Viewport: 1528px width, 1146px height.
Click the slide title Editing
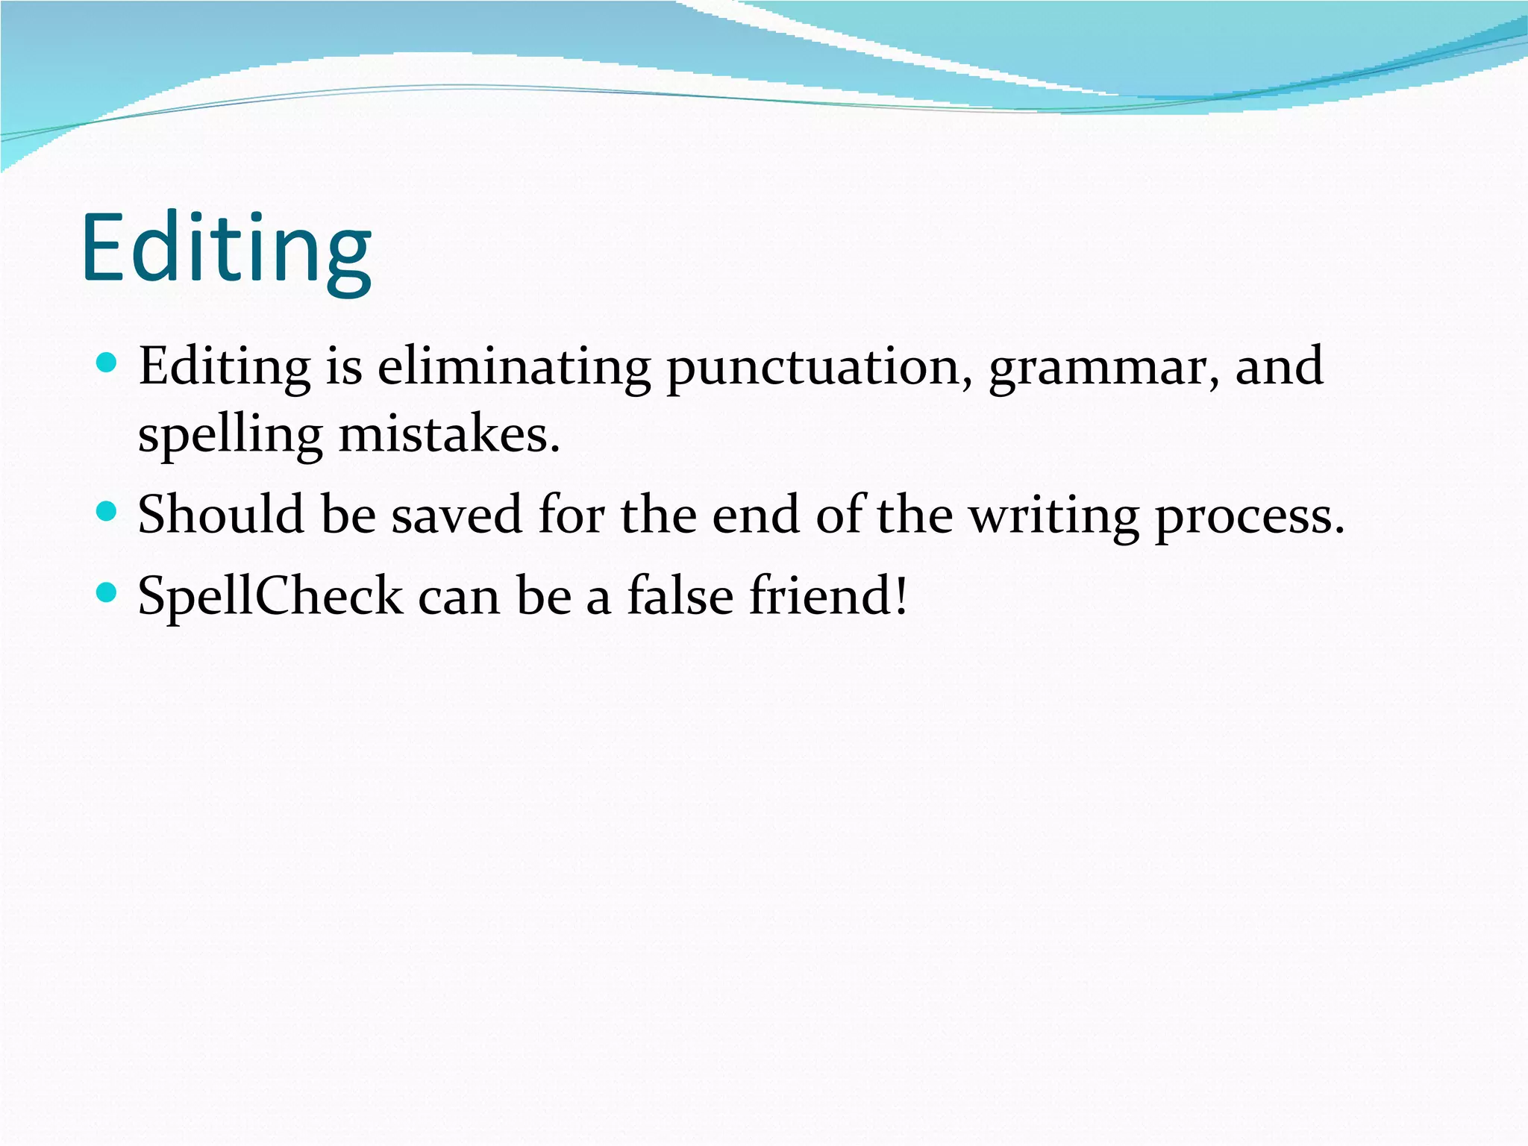[226, 248]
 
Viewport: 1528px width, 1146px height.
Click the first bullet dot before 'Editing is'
[107, 363]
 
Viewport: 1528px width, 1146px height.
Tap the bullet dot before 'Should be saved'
[107, 512]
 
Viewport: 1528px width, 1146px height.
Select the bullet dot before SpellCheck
[107, 593]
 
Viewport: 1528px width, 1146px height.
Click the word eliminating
[513, 366]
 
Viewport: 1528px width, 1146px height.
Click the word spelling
[231, 436]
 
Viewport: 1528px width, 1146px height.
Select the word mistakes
[448, 434]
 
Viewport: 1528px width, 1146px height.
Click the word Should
[221, 514]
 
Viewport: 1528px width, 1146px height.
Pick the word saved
[457, 515]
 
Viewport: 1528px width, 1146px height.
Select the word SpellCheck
[270, 595]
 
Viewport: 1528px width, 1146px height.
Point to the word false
[680, 595]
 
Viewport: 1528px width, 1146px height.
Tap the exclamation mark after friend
[901, 595]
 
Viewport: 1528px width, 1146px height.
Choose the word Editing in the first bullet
[225, 368]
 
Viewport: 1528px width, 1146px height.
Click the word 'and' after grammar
[1279, 366]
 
